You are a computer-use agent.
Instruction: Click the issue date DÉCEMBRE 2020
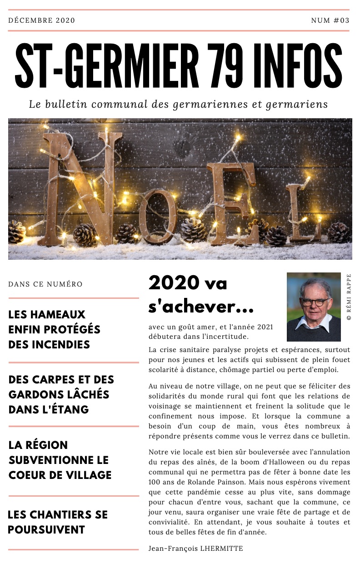41,20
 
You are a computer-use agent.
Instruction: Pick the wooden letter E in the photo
230,200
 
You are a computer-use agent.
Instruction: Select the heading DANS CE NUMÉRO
45,284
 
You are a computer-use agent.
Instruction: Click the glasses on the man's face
313,302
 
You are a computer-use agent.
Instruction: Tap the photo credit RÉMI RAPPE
349,297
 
